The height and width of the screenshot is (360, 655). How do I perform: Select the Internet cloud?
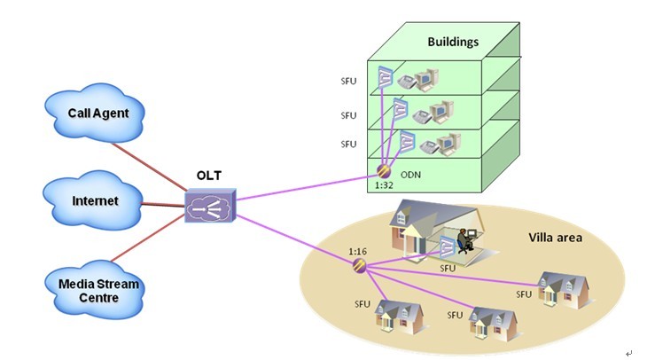point(95,201)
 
